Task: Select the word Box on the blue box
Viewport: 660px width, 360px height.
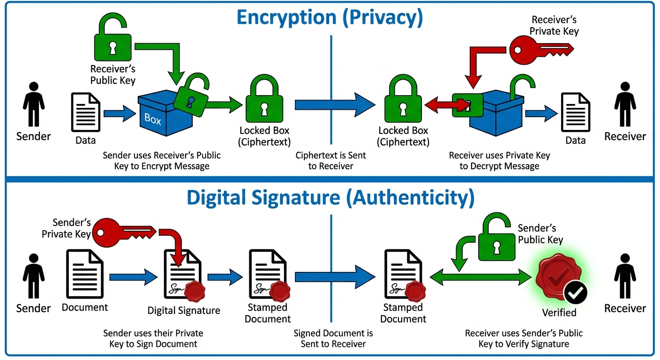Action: click(x=153, y=119)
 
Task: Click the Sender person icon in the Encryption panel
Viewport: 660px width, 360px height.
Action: click(x=33, y=105)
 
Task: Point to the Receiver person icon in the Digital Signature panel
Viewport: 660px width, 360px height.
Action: click(x=625, y=277)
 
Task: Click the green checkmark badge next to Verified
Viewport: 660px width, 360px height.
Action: click(x=576, y=293)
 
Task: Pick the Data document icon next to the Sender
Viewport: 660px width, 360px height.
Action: click(x=86, y=112)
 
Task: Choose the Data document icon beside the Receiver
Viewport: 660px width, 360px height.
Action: click(x=576, y=112)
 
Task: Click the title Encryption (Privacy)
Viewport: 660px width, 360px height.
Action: click(x=330, y=17)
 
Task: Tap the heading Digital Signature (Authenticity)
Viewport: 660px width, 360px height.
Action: click(x=330, y=197)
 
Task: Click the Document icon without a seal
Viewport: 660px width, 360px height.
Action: click(x=85, y=274)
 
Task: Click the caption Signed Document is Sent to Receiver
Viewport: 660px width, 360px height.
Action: click(x=333, y=338)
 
